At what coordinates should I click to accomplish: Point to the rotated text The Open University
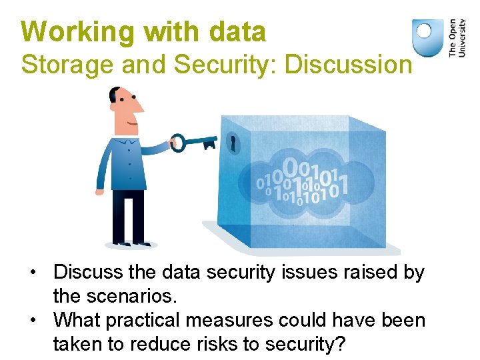457,37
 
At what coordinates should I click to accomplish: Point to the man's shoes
131,243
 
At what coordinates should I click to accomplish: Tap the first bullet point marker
31,273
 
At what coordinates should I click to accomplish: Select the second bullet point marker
31,321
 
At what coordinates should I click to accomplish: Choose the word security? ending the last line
304,344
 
